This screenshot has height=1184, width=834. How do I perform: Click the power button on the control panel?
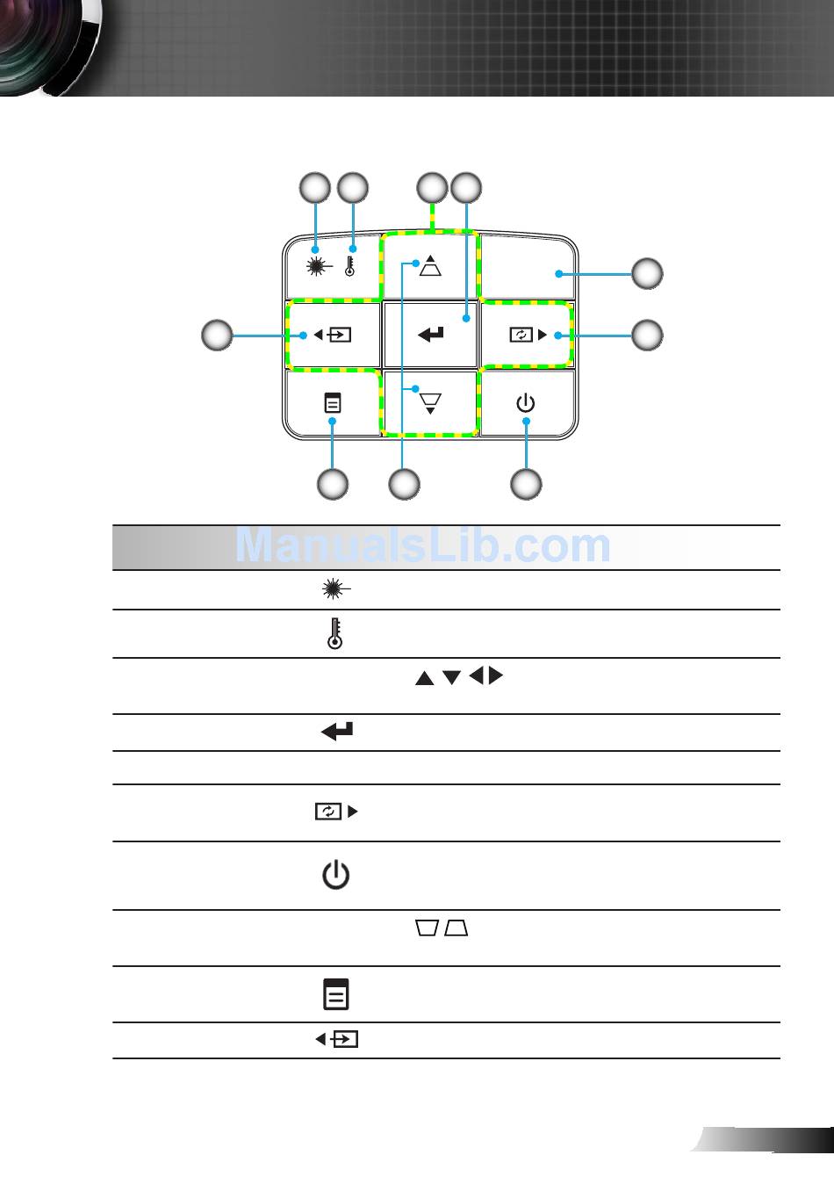(x=526, y=404)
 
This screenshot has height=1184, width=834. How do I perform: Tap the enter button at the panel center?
(x=431, y=335)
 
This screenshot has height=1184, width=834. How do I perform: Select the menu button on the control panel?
(x=333, y=404)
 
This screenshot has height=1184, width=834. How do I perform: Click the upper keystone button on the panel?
(x=429, y=265)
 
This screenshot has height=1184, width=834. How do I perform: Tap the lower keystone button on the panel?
(x=430, y=403)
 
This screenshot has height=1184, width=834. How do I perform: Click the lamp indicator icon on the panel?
(x=315, y=268)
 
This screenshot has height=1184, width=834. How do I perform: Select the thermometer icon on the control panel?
(x=350, y=267)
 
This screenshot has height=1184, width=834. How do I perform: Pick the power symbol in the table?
(x=335, y=876)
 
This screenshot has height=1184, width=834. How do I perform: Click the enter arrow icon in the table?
(x=337, y=731)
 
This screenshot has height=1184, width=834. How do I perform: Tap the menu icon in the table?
(x=335, y=993)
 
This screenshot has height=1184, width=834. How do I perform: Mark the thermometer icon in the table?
(x=334, y=634)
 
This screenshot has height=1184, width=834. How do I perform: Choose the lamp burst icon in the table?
(x=334, y=590)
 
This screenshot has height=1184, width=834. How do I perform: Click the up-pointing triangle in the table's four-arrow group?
(x=424, y=678)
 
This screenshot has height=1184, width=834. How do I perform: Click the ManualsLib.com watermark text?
(x=423, y=546)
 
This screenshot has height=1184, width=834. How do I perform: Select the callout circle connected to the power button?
(x=526, y=484)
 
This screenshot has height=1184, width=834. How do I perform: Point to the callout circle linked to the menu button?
(x=333, y=484)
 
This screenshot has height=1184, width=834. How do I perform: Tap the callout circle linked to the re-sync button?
(x=648, y=335)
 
